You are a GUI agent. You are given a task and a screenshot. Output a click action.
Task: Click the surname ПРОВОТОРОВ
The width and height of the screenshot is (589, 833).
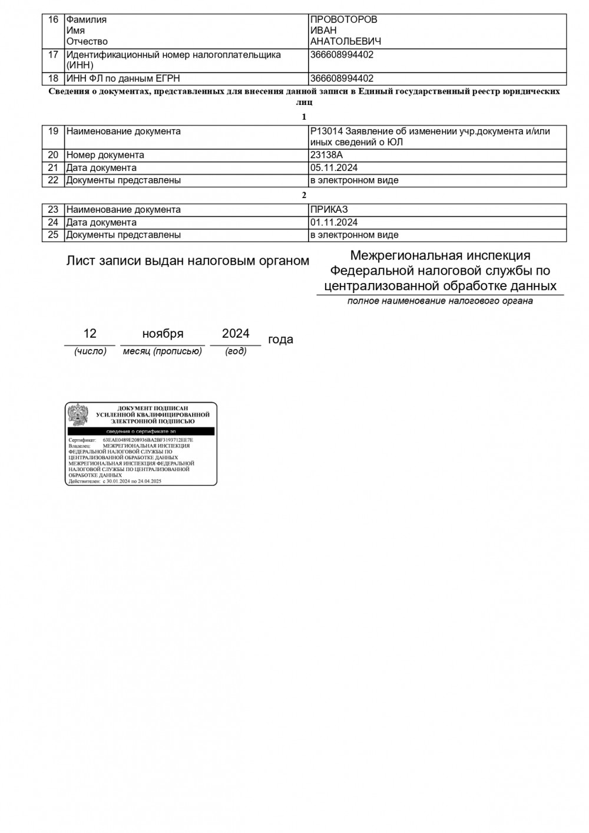[x=343, y=19]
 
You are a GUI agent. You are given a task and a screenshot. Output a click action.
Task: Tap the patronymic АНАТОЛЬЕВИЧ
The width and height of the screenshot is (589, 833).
[x=345, y=42]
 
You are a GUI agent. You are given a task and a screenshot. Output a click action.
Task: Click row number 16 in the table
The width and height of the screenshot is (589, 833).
[x=53, y=19]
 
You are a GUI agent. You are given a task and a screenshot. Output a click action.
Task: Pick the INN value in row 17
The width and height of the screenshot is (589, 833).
[x=342, y=55]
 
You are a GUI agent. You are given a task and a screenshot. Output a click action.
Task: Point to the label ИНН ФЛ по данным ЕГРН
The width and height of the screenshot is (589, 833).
[x=123, y=78]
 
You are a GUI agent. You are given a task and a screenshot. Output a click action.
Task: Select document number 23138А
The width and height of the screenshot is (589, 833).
[x=326, y=155]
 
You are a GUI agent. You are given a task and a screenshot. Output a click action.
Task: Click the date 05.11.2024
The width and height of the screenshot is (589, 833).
[x=333, y=168]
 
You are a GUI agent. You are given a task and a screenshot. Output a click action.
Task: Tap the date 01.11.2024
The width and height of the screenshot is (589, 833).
[x=333, y=223]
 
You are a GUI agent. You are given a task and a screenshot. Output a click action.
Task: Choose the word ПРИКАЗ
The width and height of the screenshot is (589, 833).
[x=329, y=210]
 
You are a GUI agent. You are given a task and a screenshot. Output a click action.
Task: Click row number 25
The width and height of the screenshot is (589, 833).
[x=53, y=235]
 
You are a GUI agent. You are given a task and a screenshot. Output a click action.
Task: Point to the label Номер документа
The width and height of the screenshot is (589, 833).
[x=105, y=155]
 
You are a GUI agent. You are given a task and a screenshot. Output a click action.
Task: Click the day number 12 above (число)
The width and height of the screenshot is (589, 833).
[x=90, y=334]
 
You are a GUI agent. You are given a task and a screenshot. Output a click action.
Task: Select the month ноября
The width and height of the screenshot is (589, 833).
[x=163, y=334]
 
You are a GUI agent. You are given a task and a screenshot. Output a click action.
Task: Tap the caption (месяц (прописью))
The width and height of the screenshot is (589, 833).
[x=163, y=351]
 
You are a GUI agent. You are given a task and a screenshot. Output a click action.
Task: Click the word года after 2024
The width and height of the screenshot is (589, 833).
[x=280, y=340]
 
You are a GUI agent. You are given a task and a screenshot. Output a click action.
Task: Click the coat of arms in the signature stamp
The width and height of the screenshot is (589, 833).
[x=78, y=415]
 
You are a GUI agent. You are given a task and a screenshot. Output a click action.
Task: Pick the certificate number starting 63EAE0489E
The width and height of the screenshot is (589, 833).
[x=148, y=440]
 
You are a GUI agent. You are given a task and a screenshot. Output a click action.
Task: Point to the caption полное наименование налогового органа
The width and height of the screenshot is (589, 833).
[x=440, y=301]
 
